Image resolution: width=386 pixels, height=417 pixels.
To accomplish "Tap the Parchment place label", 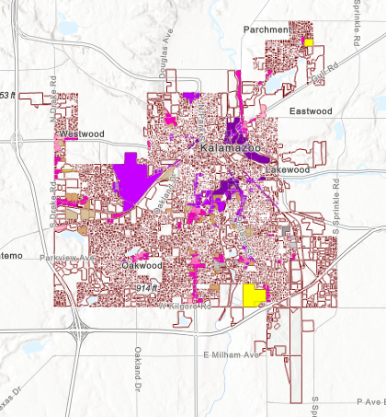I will [x=267, y=30].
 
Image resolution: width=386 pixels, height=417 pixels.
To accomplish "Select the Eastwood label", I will [x=311, y=111].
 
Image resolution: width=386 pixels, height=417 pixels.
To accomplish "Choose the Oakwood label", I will [x=142, y=265].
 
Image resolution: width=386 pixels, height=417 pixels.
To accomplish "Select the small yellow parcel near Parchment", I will [x=309, y=41].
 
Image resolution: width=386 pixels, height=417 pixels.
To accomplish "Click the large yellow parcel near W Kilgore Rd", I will [x=254, y=295].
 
